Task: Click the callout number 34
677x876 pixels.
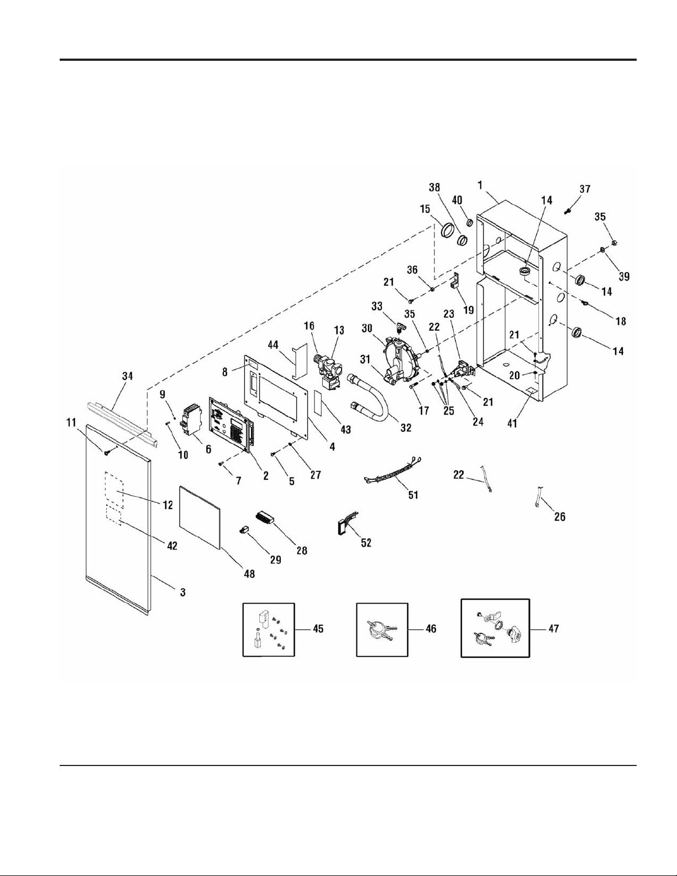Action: point(127,376)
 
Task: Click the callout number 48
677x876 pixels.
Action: point(249,573)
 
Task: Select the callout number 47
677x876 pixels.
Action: point(554,628)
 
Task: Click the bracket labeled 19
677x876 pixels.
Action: point(455,280)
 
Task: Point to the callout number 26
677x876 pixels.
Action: point(560,516)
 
